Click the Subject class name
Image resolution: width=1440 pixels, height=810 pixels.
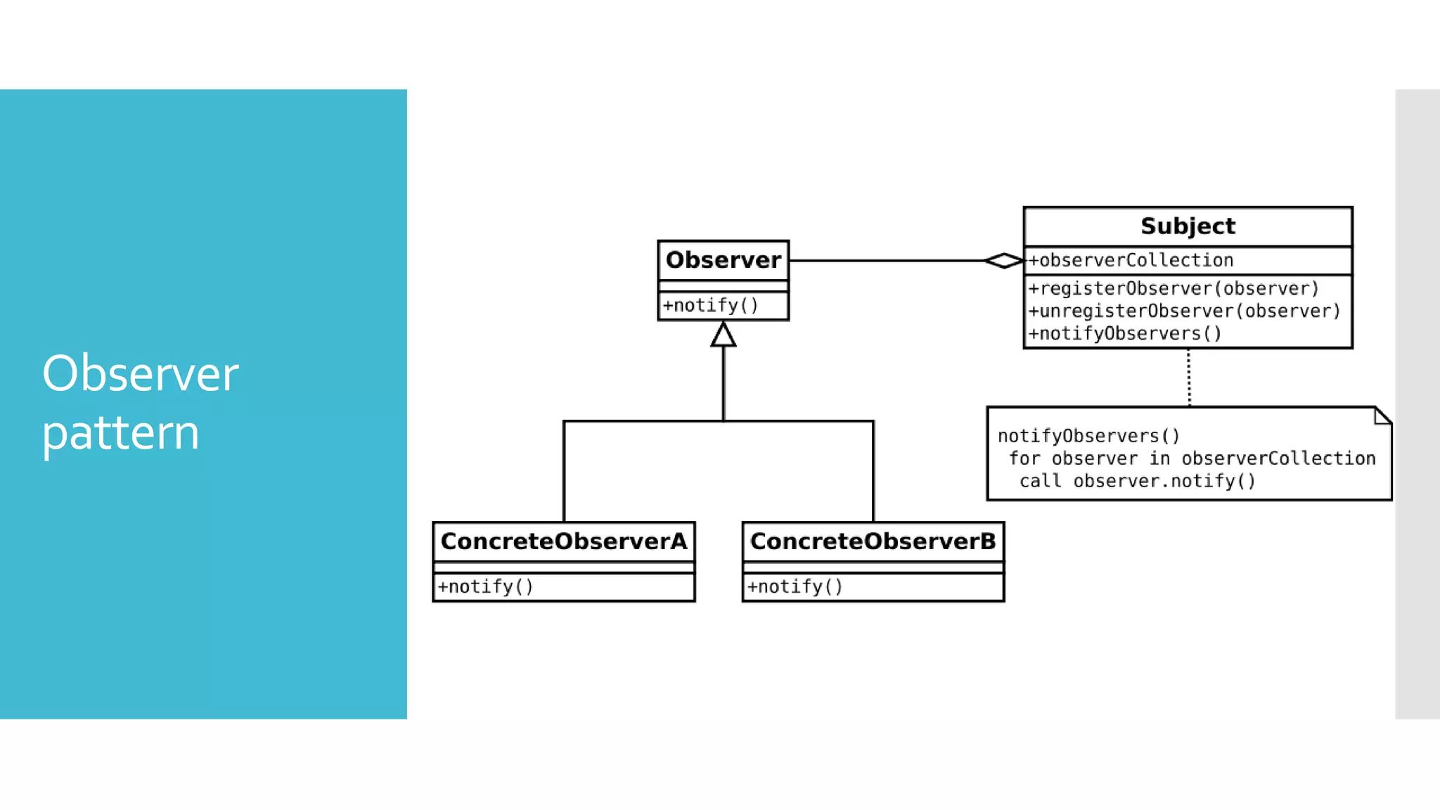point(1188,226)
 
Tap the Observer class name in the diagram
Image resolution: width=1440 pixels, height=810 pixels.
point(723,260)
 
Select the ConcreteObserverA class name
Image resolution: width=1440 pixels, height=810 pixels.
point(563,541)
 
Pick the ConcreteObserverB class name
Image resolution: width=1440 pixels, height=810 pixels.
point(873,541)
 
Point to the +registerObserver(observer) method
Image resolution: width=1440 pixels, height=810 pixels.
point(1173,288)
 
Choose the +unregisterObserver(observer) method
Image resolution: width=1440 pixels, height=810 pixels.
point(1184,311)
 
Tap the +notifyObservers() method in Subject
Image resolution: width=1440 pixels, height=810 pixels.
point(1125,333)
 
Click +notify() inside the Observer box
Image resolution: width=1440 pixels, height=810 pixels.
point(710,306)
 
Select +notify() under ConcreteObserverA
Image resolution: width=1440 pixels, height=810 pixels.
point(485,586)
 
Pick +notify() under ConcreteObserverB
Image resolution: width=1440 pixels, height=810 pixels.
point(795,586)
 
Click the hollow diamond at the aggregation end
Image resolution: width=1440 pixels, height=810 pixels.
point(1004,261)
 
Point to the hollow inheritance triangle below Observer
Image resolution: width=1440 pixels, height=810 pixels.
point(723,335)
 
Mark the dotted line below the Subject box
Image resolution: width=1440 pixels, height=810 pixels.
point(1189,378)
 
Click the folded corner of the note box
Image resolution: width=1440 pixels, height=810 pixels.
point(1382,416)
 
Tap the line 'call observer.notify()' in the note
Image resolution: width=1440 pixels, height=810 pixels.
point(1137,481)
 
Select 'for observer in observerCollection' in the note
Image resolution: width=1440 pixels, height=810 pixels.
point(1192,458)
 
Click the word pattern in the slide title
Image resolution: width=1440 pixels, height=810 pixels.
point(120,433)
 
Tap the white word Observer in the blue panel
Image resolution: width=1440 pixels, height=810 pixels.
point(140,374)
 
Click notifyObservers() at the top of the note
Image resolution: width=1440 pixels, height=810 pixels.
point(1088,436)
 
